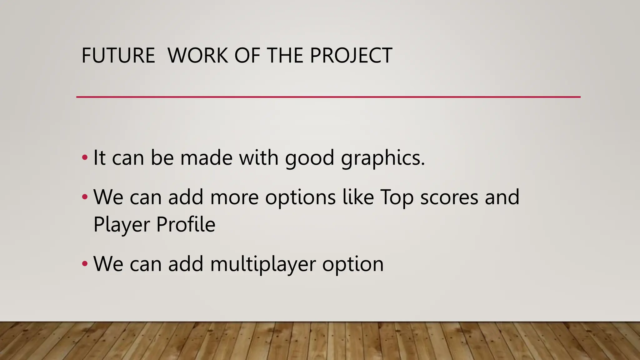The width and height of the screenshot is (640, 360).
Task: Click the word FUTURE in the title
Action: point(118,56)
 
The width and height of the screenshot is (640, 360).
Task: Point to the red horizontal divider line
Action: point(328,97)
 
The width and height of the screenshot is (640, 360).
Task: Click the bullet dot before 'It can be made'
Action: point(85,157)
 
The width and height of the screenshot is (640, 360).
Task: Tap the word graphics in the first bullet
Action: point(383,158)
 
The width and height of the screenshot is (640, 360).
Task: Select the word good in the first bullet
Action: point(309,158)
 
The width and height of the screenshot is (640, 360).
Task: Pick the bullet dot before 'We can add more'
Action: point(85,197)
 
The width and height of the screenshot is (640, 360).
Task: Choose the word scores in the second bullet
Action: point(449,197)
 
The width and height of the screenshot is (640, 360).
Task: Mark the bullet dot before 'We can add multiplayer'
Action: point(85,264)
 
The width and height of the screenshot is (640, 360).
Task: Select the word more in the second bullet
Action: point(234,197)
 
